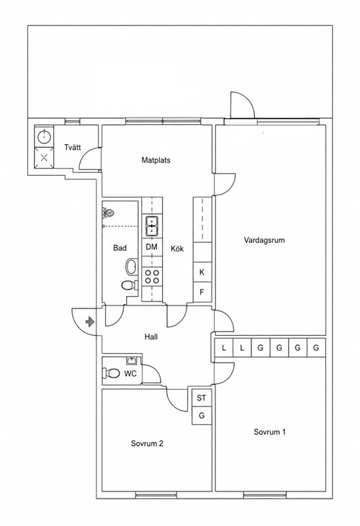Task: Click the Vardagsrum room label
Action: pos(264,240)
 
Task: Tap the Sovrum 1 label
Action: pos(269,432)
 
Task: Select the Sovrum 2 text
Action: pos(147,443)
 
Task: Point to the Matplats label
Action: pos(156,161)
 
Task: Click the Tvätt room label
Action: pos(73,147)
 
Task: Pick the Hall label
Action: pos(151,336)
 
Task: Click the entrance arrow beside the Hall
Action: pos(90,322)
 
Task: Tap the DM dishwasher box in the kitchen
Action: pos(152,247)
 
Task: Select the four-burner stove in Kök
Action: pos(152,277)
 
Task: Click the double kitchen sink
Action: pos(152,226)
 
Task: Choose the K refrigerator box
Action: pos(202,272)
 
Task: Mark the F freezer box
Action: pos(202,293)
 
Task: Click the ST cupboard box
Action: pos(202,398)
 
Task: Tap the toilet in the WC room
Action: pos(112,373)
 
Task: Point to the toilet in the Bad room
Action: pos(130,286)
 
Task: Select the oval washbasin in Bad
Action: pos(131,267)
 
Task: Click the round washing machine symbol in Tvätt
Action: pos(44,136)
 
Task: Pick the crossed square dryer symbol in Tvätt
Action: pos(44,158)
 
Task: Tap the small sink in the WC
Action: pos(132,361)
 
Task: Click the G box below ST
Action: pos(202,416)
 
